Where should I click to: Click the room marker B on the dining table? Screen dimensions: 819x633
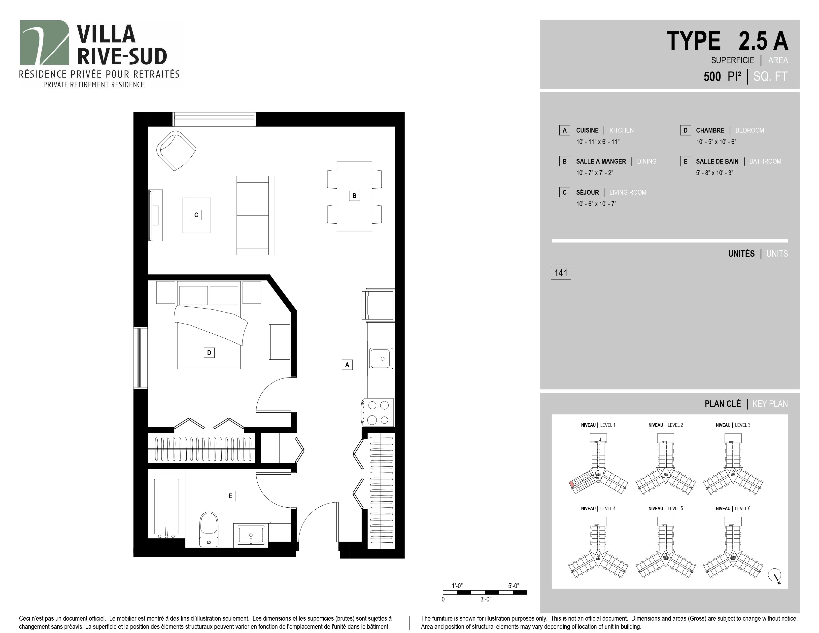click(354, 196)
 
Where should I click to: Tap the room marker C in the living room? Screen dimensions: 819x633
click(196, 215)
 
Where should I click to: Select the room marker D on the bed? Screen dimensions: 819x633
click(209, 352)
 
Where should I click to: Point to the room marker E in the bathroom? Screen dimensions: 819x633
click(230, 496)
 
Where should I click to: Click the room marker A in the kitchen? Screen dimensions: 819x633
click(347, 364)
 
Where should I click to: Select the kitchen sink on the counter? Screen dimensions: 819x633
click(381, 358)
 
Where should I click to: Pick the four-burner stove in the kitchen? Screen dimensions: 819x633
click(378, 413)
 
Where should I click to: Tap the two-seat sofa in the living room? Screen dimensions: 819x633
click(255, 215)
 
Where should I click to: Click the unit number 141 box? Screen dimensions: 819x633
click(561, 273)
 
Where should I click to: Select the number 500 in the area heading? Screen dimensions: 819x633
click(712, 76)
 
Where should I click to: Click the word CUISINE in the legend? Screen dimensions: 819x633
click(587, 131)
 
